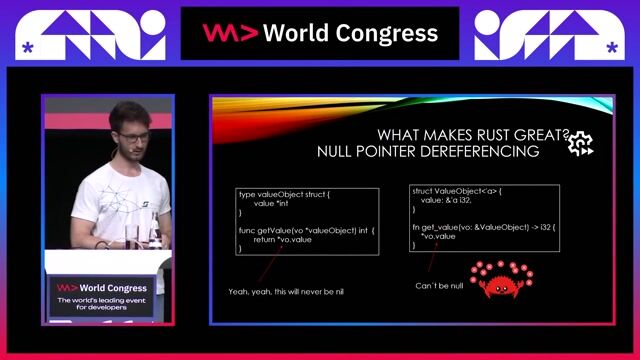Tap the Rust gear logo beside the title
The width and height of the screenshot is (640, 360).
pyautogui.click(x=580, y=144)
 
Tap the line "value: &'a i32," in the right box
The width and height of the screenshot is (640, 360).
pyautogui.click(x=451, y=199)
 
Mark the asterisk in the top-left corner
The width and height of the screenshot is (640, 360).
pyautogui.click(x=28, y=47)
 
